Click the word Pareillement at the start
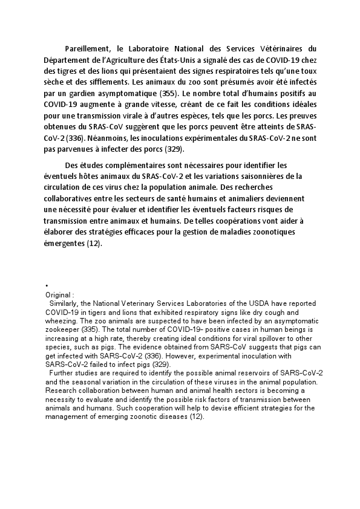(85, 48)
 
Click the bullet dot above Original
(46, 286)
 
